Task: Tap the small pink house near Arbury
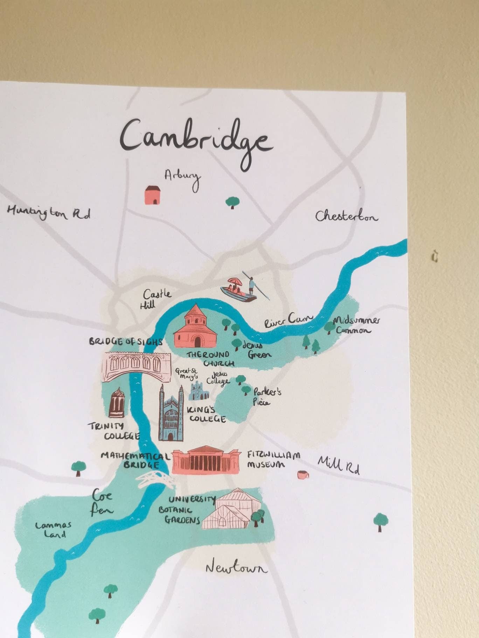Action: [x=153, y=195]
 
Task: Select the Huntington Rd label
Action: [x=48, y=213]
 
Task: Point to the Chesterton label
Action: [x=346, y=217]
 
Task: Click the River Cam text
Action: [x=288, y=320]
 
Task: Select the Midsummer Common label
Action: [x=355, y=325]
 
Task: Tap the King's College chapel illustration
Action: [x=171, y=414]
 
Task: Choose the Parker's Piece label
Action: [x=267, y=397]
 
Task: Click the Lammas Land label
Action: [x=53, y=529]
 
